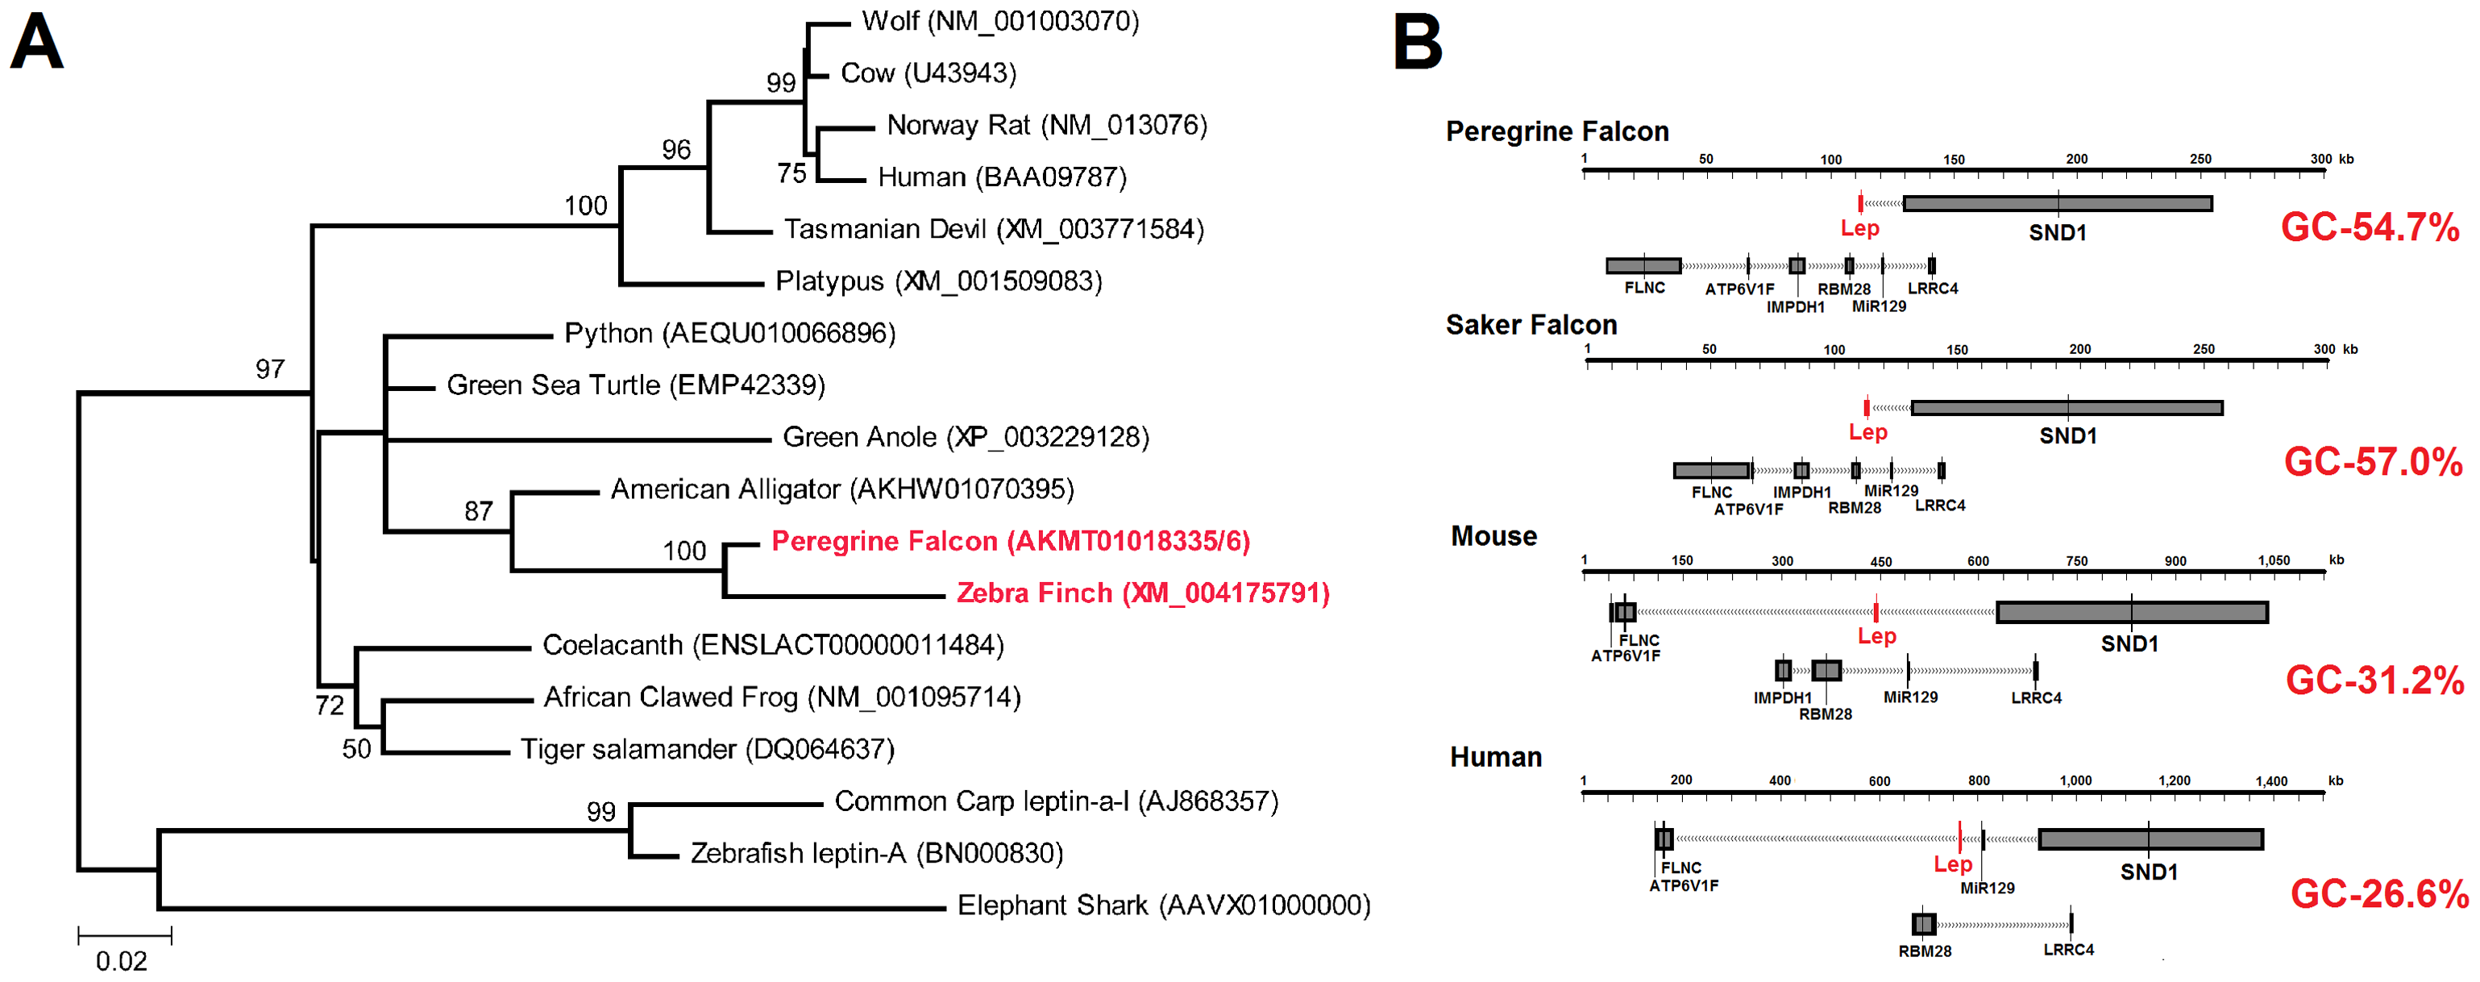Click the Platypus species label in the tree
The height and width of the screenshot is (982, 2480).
click(939, 281)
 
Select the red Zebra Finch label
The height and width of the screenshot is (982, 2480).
click(1143, 593)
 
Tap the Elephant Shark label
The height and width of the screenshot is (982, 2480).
click(1163, 906)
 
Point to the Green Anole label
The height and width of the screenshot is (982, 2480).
click(966, 437)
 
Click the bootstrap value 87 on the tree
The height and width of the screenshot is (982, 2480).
click(479, 511)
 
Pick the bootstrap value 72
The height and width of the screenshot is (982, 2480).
click(330, 705)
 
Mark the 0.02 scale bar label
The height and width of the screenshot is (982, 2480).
click(122, 961)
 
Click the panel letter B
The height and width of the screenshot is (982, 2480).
click(1417, 44)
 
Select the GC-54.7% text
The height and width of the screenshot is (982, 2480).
click(2370, 227)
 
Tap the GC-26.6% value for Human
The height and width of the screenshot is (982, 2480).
click(2379, 894)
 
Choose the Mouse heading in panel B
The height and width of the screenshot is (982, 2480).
click(1493, 536)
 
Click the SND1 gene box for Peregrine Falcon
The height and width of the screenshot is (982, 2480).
click(2058, 204)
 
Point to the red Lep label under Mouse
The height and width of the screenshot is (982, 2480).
click(1876, 636)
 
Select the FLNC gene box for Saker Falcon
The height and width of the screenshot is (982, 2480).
click(1711, 471)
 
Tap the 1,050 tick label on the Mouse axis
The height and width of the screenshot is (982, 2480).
click(2273, 560)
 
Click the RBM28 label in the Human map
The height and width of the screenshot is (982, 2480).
click(1925, 951)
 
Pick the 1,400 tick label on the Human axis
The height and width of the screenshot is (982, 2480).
click(2271, 780)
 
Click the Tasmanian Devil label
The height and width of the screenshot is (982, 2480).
click(994, 229)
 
